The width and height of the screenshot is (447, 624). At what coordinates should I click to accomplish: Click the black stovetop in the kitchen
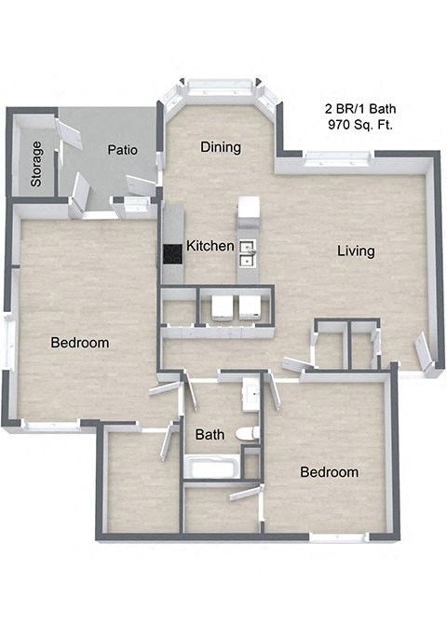(x=172, y=253)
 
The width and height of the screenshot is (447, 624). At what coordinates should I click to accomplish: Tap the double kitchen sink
(x=248, y=251)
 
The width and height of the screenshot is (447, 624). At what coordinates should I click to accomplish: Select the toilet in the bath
(x=247, y=433)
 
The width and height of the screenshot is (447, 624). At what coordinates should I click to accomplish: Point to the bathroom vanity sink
(x=250, y=395)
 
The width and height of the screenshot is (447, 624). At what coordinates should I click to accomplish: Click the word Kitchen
(x=210, y=247)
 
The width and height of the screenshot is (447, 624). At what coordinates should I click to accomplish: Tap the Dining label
(x=221, y=147)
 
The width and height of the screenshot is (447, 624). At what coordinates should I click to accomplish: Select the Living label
(x=356, y=251)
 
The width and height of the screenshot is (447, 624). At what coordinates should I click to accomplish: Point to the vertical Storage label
(x=36, y=164)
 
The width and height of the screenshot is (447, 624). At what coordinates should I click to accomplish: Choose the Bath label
(x=210, y=434)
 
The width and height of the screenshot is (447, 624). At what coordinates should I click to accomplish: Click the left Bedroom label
(x=79, y=343)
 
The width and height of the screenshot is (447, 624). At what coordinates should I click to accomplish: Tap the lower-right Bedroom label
(x=329, y=472)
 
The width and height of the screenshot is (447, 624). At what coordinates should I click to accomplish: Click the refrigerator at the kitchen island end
(x=247, y=210)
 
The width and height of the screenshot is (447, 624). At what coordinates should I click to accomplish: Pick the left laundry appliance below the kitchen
(x=223, y=306)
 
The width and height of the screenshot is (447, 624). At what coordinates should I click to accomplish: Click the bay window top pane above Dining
(x=221, y=86)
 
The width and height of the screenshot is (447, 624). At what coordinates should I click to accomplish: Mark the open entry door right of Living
(x=424, y=352)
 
